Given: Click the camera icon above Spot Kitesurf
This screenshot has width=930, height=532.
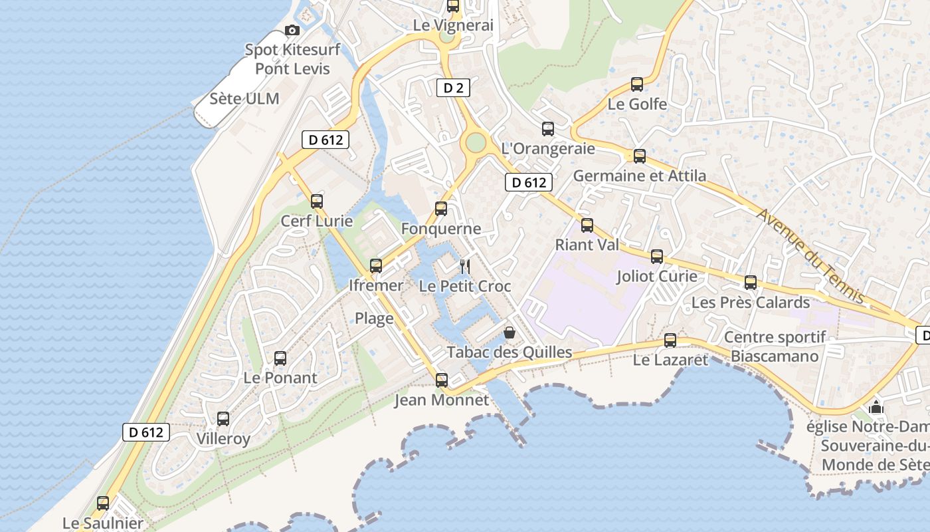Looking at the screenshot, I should pos(292,30).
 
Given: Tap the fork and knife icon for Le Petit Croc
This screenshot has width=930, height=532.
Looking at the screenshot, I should pos(465,267).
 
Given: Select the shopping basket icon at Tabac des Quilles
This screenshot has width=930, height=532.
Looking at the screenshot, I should pos(509,332).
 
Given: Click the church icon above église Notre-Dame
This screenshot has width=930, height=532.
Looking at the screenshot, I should pos(876,406).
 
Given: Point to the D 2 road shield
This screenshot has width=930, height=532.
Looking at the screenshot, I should pos(453,87).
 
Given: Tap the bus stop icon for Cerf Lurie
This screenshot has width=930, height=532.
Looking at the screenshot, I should pos(317,201).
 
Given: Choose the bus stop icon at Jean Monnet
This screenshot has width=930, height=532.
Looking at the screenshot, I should pos(441,380).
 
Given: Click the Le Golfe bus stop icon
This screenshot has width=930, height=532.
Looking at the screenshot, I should pos(637,84).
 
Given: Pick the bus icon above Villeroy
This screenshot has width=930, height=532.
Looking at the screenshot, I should pos(223,419).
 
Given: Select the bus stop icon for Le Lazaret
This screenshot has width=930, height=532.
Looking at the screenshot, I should pos(670,340).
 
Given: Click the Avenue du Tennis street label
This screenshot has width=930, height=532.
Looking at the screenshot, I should pos(810,255).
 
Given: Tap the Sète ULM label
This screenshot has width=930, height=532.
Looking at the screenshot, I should pos(244,99).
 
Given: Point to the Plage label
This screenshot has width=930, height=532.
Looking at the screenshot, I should pos(374,318).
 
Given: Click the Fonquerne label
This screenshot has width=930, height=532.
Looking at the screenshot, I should pos(441,229).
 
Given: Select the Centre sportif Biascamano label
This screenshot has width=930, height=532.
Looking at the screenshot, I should pos(775,346).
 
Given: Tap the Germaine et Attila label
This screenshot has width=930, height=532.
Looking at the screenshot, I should pos(640,176).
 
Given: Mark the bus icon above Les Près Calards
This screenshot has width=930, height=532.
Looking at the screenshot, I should pos(751,283).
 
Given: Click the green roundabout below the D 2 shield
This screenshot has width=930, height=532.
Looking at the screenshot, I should pos(476,142).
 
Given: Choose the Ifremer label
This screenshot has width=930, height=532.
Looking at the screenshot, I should pos(376,285).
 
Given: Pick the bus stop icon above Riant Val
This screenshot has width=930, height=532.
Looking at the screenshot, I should pos(587,225).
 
